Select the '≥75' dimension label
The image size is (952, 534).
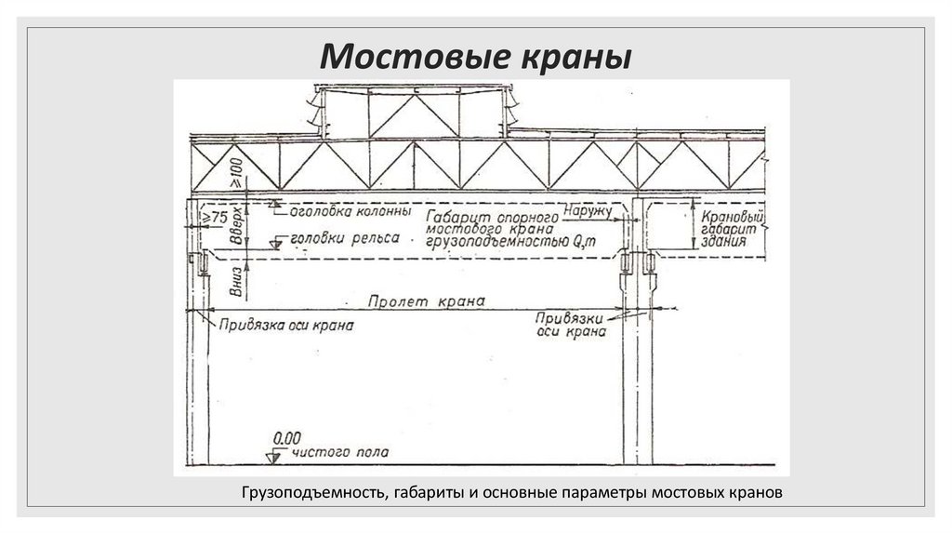[216, 217]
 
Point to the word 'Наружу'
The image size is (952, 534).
[588, 212]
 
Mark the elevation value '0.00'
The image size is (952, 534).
[288, 436]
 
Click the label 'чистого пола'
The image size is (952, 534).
[341, 453]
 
